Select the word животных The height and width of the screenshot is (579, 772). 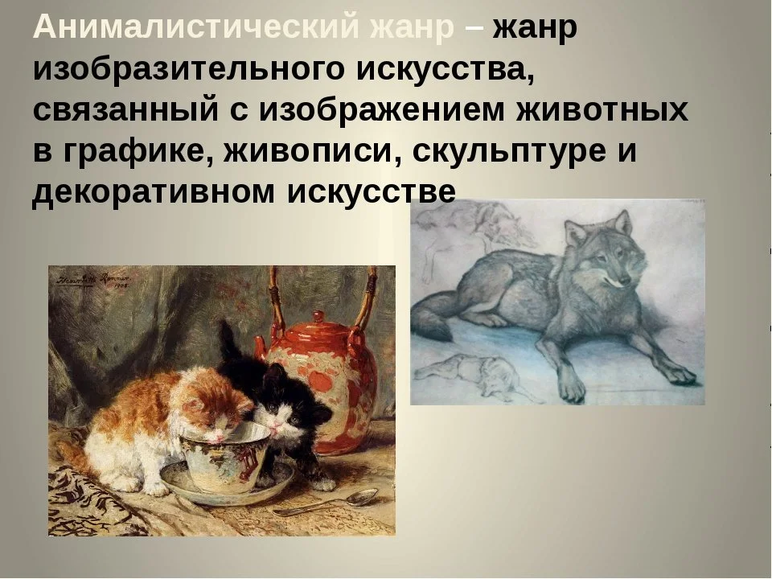click(602, 110)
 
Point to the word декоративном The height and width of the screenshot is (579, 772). click(153, 192)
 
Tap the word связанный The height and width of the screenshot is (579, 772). click(125, 110)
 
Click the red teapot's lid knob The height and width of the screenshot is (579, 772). click(319, 316)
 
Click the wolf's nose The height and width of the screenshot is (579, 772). click(624, 282)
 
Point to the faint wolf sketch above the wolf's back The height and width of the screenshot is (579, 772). click(487, 222)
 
